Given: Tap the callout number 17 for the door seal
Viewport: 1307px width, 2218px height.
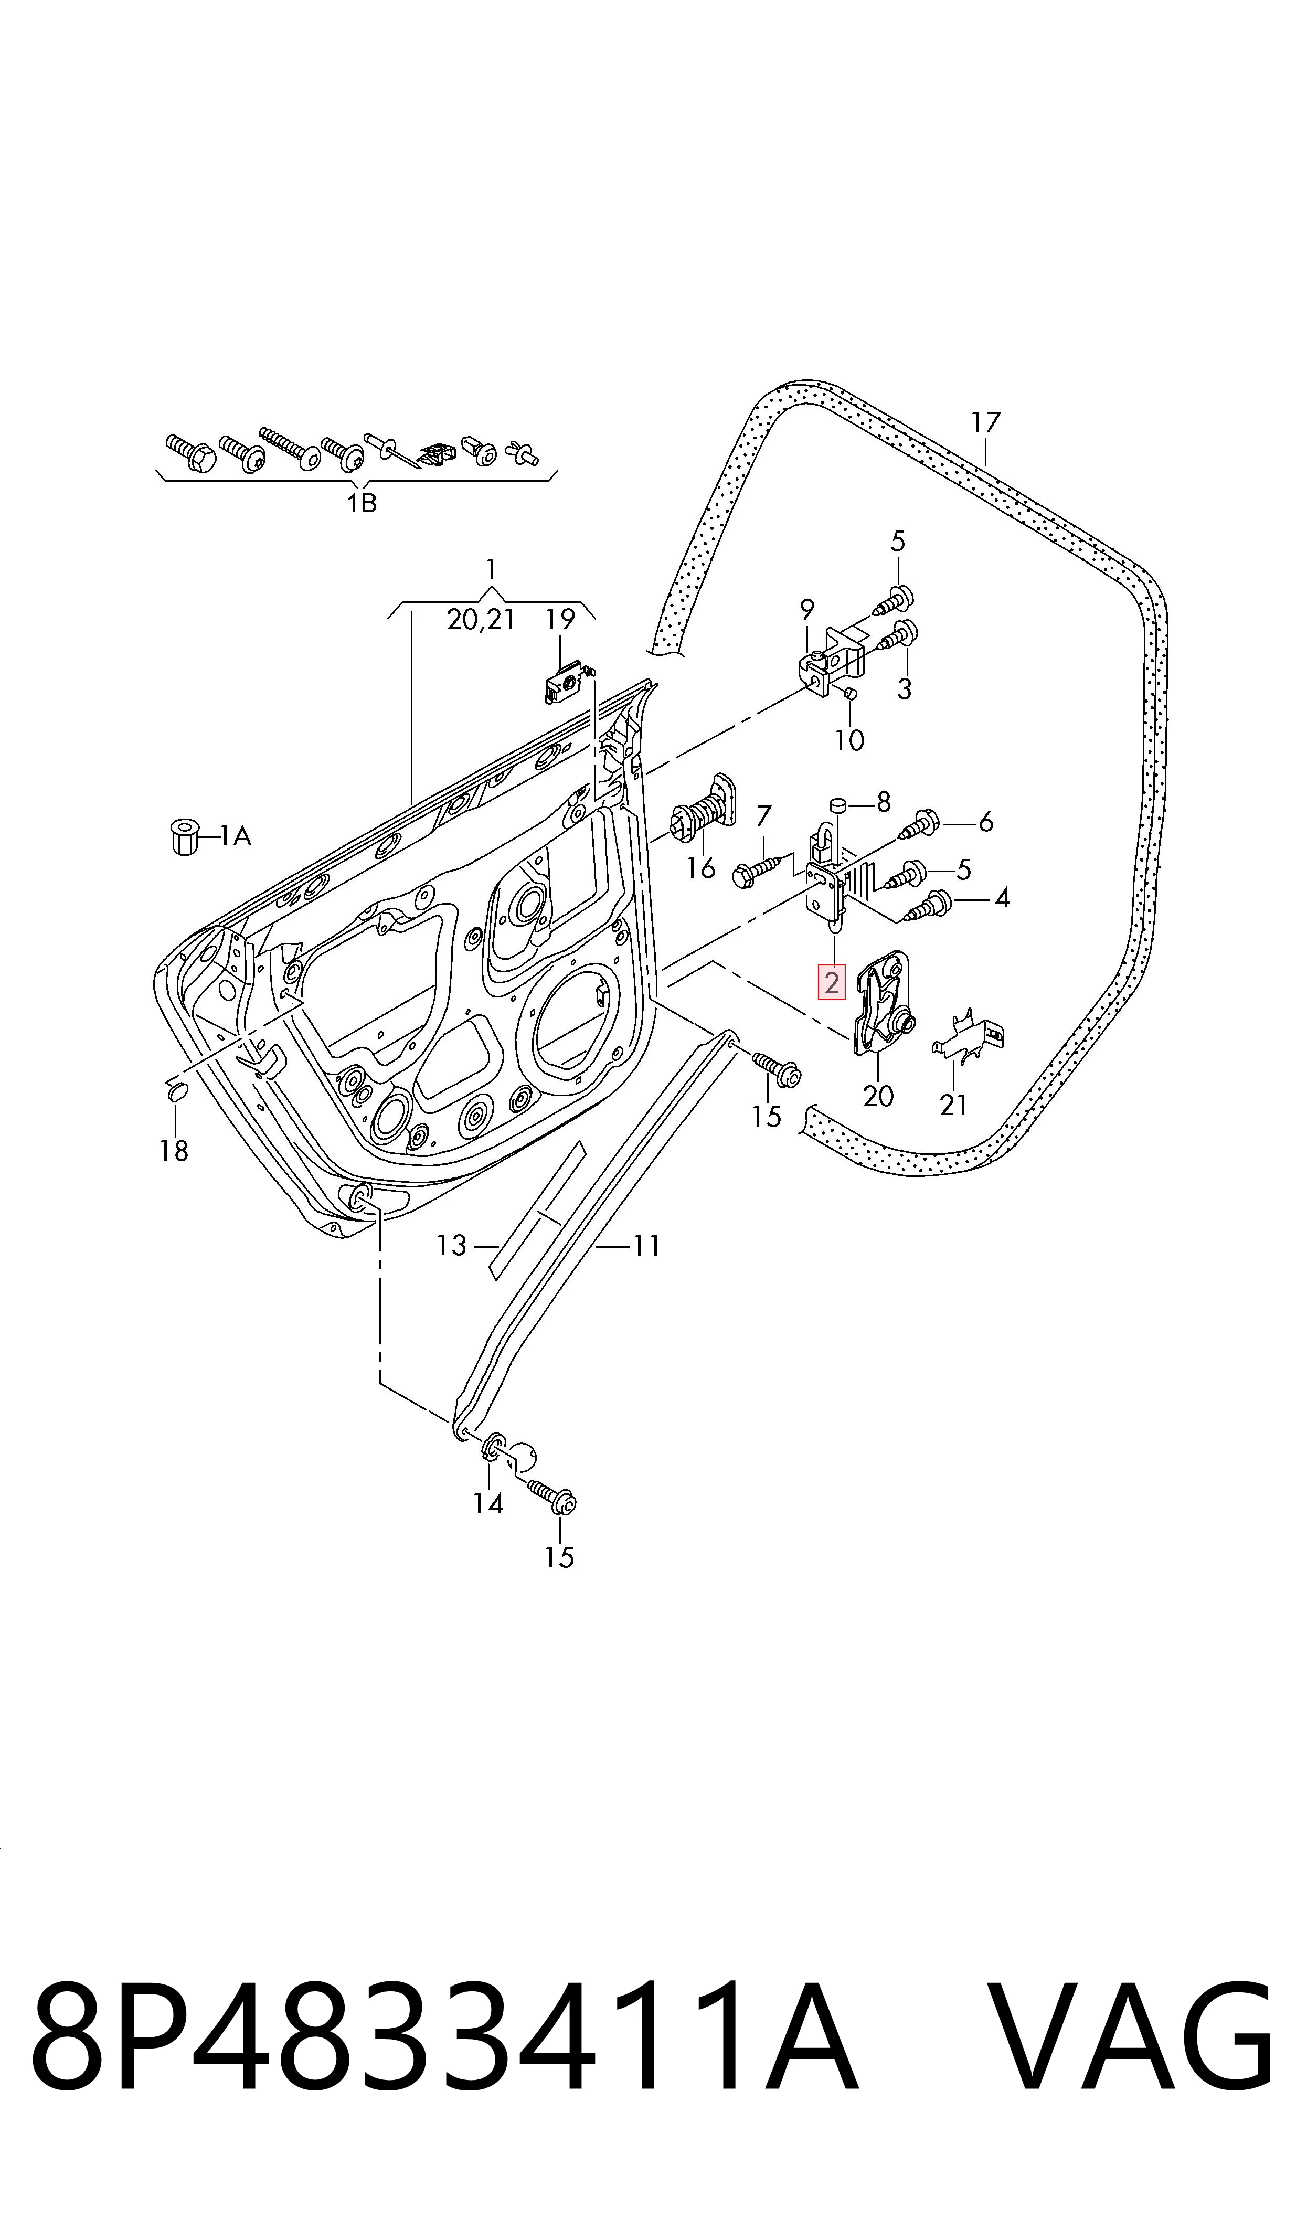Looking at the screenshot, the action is point(985,422).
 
